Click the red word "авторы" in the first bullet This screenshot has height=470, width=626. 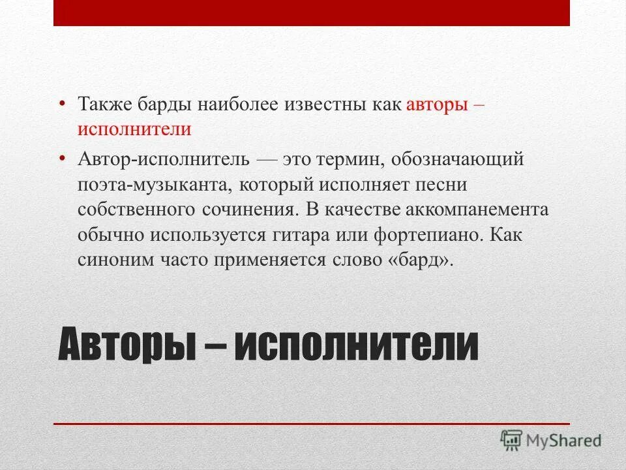[x=438, y=104]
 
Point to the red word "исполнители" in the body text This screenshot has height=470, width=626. [x=134, y=129]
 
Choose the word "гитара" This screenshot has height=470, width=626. [x=335, y=234]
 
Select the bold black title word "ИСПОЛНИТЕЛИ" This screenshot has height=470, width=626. [x=356, y=346]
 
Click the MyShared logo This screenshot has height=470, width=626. [x=551, y=441]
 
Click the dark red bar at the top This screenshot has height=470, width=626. [x=312, y=13]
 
